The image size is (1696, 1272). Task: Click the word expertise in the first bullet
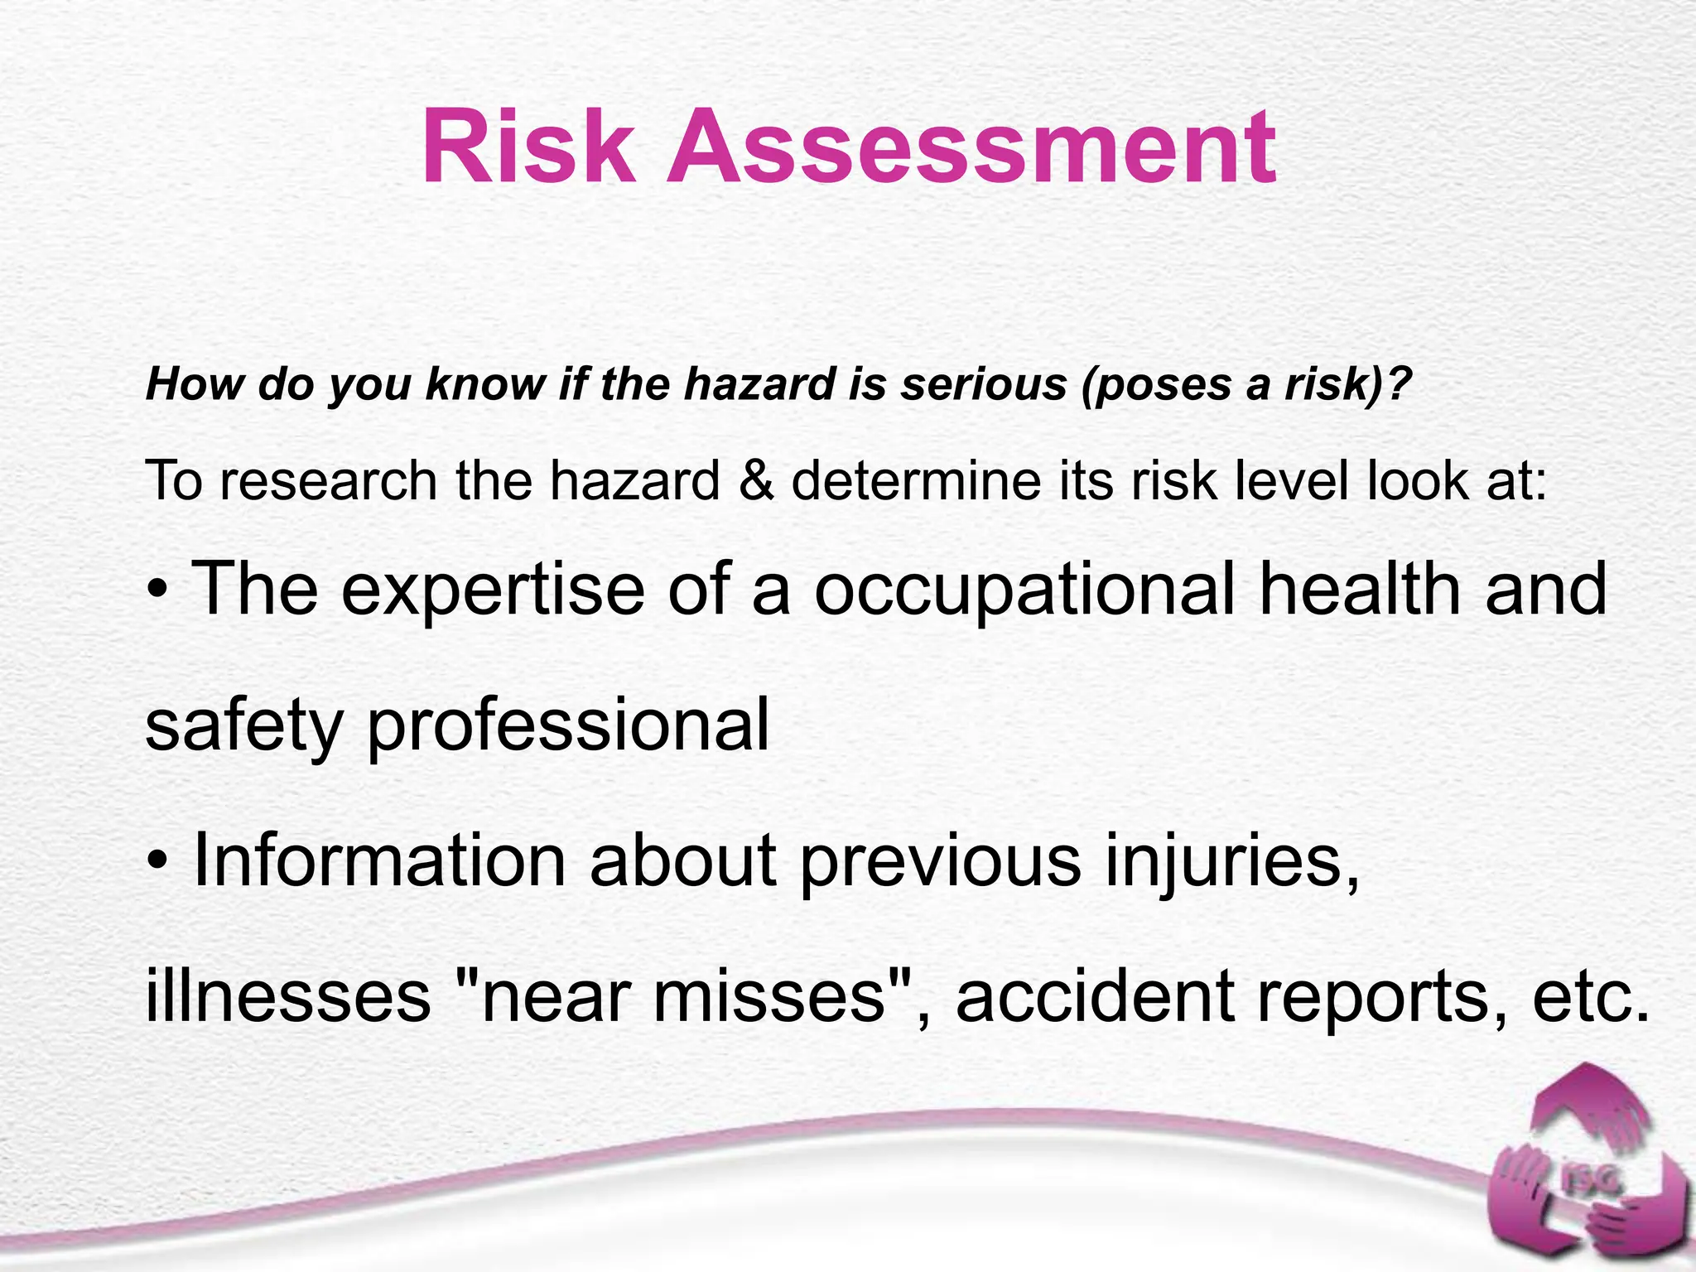(x=493, y=590)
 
